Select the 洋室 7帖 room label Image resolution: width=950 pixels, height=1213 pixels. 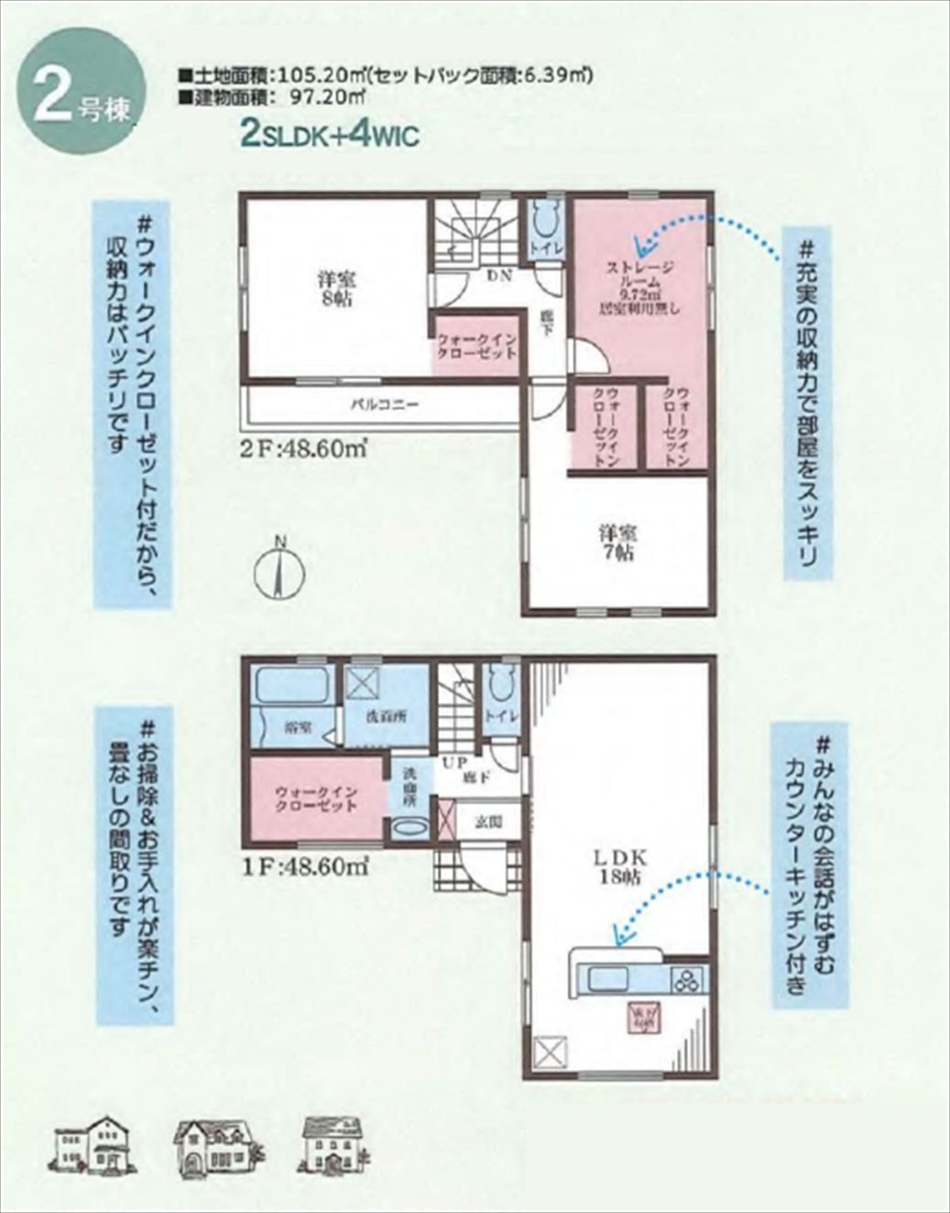pyautogui.click(x=618, y=542)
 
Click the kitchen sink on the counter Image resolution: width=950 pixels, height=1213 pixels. pyautogui.click(x=607, y=978)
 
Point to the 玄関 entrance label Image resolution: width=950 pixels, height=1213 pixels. pyautogui.click(x=486, y=822)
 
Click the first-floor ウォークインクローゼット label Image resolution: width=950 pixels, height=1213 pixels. pyautogui.click(x=315, y=798)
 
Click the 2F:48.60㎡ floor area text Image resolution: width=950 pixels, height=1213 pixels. pyautogui.click(x=305, y=449)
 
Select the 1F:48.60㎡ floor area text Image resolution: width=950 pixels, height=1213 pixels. pyautogui.click(x=306, y=866)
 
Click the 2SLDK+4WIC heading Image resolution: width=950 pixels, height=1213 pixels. pyautogui.click(x=329, y=135)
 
